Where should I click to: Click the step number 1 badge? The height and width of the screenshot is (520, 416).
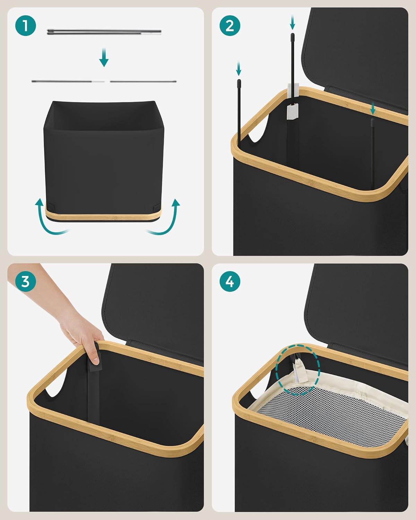coord(25,26)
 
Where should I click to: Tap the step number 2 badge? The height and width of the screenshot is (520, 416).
coord(230,26)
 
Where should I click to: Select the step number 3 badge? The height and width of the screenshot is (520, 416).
coord(25,281)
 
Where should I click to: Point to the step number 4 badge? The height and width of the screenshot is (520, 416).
coord(230,281)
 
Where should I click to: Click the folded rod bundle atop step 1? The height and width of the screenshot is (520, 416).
coord(104,32)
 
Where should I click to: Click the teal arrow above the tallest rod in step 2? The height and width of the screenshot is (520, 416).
coord(293,22)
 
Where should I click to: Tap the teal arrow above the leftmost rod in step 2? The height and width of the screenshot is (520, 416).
coord(239,69)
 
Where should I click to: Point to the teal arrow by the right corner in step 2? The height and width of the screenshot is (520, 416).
coord(373,108)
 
